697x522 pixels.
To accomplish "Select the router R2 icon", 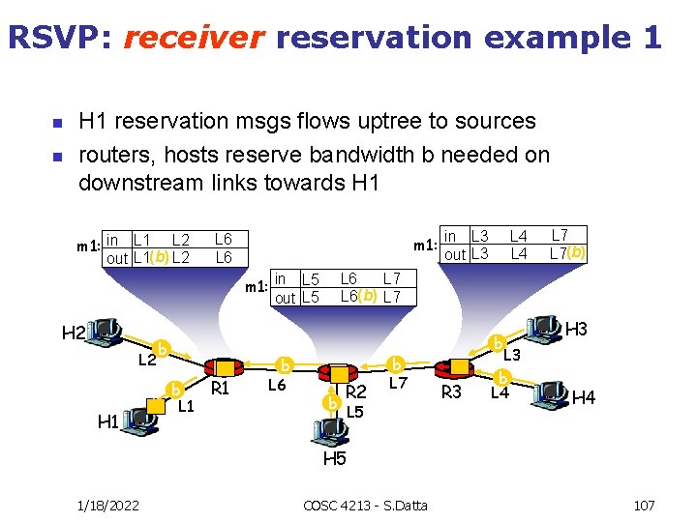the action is click(x=339, y=374).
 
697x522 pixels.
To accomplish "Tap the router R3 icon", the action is click(x=452, y=368).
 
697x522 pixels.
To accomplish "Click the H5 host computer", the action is click(x=332, y=432).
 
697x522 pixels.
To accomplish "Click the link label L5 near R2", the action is click(x=355, y=412).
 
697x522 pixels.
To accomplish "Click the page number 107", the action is click(x=644, y=506).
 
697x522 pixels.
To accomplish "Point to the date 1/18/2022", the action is click(x=107, y=506).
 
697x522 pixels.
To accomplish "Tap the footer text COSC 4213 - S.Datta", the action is click(x=365, y=506).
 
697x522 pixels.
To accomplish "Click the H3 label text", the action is click(x=577, y=330).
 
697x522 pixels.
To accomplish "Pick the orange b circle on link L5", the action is click(x=331, y=401).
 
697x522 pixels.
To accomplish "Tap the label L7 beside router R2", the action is click(x=397, y=385).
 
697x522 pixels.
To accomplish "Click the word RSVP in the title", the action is click(x=57, y=37).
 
